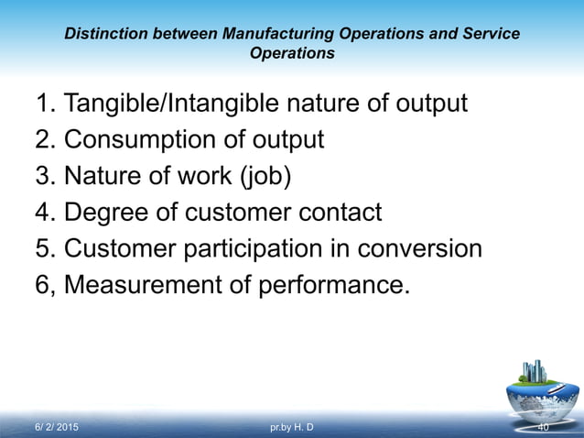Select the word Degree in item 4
pos(108,213)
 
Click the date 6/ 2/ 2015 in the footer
pos(57,428)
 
